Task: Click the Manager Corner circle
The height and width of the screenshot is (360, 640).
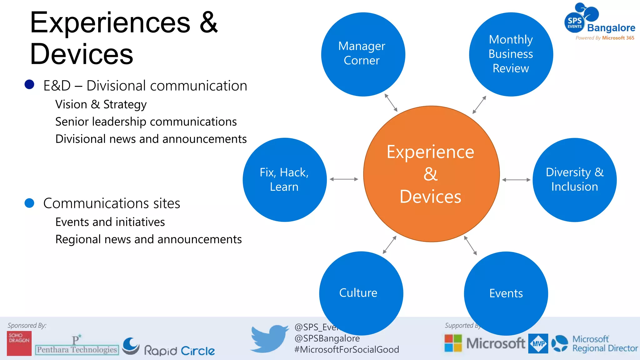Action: [x=363, y=54]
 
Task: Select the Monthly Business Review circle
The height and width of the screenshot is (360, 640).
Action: [x=511, y=54]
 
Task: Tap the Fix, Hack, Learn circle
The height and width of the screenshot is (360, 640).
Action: [x=284, y=180]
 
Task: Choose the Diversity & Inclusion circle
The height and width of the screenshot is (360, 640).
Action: [x=574, y=180]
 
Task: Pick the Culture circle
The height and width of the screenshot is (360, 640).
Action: [x=361, y=293]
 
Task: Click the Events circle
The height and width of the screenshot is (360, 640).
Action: [x=506, y=293]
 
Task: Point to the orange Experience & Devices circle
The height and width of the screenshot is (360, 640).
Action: [x=431, y=174]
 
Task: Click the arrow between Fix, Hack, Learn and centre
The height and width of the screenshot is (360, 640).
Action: [x=344, y=179]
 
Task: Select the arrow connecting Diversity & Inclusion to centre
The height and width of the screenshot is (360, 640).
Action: [x=516, y=180]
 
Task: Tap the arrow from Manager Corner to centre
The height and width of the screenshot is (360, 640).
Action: [x=391, y=102]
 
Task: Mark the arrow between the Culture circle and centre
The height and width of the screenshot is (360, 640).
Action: [x=390, y=245]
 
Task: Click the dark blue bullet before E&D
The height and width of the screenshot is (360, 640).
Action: [x=29, y=84]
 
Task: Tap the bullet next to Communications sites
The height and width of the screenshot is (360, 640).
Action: [x=29, y=203]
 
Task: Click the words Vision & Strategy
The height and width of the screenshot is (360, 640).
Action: [x=101, y=104]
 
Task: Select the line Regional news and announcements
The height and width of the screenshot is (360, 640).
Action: [x=148, y=239]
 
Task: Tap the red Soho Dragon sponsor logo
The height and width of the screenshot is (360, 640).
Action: [x=19, y=343]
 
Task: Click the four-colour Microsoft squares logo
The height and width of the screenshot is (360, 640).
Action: [x=453, y=343]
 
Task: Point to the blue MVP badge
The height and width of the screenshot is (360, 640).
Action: [x=538, y=343]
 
